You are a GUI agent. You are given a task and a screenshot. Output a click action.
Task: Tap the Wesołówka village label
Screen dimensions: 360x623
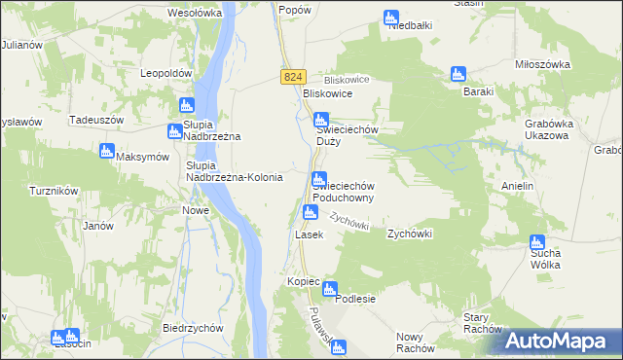[x=195, y=14]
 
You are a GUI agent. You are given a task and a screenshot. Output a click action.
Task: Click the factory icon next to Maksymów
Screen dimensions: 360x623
[x=107, y=151]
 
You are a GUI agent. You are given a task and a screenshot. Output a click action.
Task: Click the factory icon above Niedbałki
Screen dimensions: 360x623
[x=390, y=17]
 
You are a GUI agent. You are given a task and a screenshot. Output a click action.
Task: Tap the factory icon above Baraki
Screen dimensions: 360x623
[x=458, y=74]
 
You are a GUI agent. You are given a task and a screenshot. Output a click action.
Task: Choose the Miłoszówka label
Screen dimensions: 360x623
[x=542, y=64]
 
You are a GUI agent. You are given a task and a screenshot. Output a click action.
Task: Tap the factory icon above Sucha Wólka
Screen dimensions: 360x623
[x=536, y=242]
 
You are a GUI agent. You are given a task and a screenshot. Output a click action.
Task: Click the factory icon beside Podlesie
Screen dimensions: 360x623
[x=329, y=289]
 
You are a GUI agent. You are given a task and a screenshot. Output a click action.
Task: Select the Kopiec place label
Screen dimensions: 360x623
[x=304, y=281]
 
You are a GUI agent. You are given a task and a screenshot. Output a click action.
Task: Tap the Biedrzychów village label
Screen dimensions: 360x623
[x=188, y=328]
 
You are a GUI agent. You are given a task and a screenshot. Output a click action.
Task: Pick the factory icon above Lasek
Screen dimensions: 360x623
[x=310, y=212]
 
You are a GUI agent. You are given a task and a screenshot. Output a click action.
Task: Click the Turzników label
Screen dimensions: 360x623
[x=54, y=191]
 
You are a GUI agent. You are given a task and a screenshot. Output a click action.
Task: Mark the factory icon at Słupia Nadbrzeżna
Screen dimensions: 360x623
[x=187, y=105]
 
